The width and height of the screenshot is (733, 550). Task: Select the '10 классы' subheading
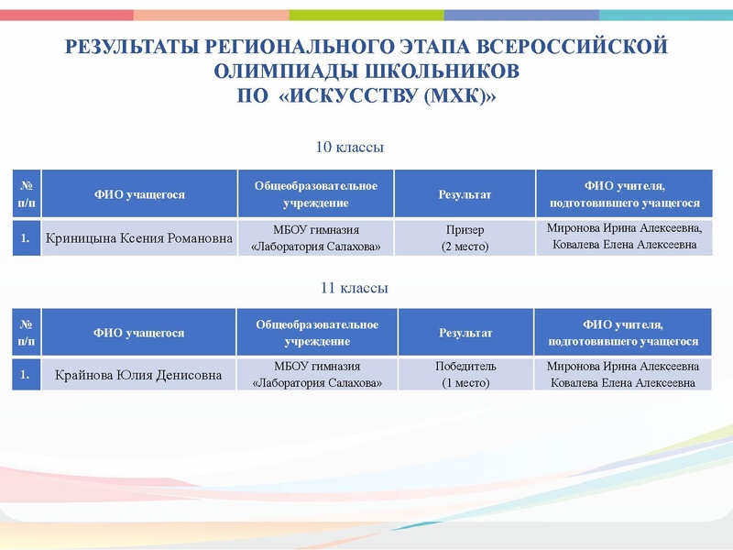[349, 147]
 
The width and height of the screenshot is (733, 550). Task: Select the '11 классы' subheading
[354, 288]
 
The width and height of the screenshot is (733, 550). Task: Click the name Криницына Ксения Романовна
[138, 238]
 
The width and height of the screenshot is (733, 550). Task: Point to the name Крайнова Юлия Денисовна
[138, 375]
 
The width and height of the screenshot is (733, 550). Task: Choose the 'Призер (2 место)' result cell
[465, 238]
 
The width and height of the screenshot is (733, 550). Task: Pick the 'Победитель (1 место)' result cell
[465, 375]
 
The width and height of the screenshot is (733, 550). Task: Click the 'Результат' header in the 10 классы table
[465, 194]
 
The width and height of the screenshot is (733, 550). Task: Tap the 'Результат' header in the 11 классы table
[465, 333]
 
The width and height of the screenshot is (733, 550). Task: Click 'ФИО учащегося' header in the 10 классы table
[139, 194]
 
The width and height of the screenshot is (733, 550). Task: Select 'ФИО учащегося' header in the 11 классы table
[139, 333]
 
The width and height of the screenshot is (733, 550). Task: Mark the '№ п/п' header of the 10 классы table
[27, 193]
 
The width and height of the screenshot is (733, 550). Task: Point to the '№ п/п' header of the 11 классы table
[27, 333]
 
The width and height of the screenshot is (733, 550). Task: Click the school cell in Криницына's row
[316, 238]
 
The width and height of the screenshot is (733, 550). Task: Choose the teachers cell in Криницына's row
[623, 237]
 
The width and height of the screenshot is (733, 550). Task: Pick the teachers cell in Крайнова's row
[623, 375]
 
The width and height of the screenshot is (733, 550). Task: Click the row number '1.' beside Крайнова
[27, 375]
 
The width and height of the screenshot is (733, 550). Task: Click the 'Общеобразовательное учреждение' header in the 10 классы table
[316, 193]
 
